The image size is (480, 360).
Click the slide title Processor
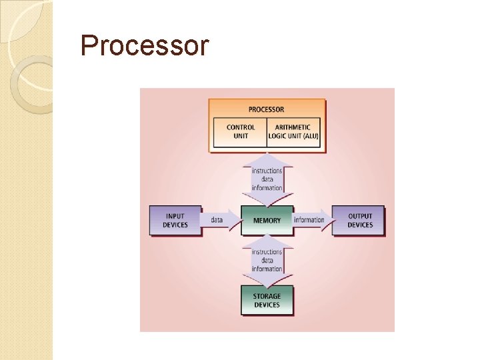coord(144,46)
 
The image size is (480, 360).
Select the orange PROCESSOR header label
coord(267,109)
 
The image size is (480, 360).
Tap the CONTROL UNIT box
coord(241,132)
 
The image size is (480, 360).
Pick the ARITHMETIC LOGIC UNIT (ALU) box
coord(293,132)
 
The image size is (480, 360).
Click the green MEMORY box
coord(267,220)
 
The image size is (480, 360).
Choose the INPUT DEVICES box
coord(175,220)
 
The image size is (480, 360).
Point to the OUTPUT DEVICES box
coord(360,220)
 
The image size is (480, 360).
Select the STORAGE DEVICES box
coord(267,301)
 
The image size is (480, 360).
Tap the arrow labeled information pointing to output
coord(310,219)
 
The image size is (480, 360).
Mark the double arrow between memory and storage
coord(267,260)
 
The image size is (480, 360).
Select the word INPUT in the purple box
coord(175,216)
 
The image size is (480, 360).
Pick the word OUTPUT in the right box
coord(360,216)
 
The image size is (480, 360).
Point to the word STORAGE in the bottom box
coord(267,296)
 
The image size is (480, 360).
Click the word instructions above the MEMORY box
coord(267,171)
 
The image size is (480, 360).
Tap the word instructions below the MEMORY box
coord(267,252)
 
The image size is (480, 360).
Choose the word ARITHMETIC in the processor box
coord(293,127)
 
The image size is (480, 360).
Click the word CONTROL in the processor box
coord(241,127)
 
